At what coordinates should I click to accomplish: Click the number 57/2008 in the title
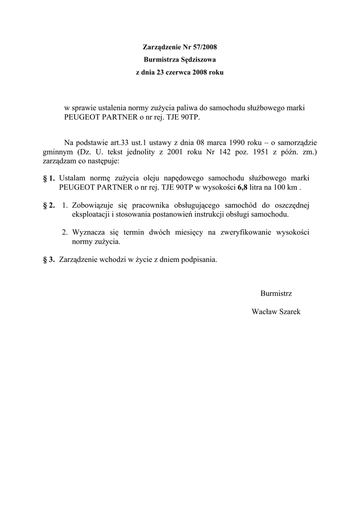(x=204, y=47)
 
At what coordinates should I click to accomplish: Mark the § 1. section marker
(x=49, y=178)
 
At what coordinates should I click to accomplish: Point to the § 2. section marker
(x=49, y=205)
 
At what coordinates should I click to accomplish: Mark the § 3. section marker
(x=49, y=259)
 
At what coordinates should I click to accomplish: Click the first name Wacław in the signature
(x=264, y=311)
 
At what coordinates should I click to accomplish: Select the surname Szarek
(x=289, y=311)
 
